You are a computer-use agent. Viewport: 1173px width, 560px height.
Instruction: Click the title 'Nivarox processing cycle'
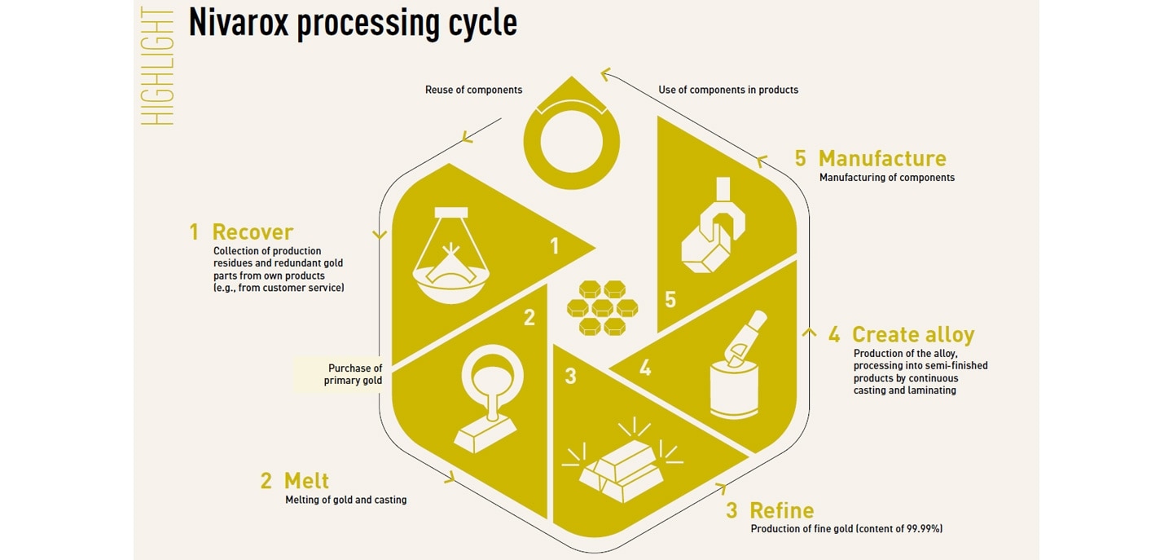tap(353, 24)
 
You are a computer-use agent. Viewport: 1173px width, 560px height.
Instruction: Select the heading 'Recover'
tap(253, 232)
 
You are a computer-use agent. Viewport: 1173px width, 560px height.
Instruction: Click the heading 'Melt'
tap(306, 480)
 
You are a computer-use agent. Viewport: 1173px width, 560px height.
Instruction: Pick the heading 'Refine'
tap(781, 511)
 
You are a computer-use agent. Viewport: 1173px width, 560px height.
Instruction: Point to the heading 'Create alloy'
tap(912, 335)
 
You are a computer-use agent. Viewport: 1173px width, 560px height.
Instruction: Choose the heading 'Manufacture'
tap(882, 159)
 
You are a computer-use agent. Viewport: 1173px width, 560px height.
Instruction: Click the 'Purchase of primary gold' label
tap(354, 374)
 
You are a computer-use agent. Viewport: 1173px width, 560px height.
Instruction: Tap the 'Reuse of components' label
tap(473, 90)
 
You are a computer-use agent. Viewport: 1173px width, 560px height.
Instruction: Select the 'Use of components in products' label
tap(728, 90)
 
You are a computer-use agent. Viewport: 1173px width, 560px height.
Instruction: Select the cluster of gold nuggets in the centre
tap(603, 308)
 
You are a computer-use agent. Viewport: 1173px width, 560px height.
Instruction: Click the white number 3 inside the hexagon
tap(570, 377)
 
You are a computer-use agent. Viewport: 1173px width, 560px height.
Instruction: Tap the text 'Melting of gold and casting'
tap(345, 500)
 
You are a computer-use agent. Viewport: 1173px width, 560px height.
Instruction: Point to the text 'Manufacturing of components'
tap(886, 178)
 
